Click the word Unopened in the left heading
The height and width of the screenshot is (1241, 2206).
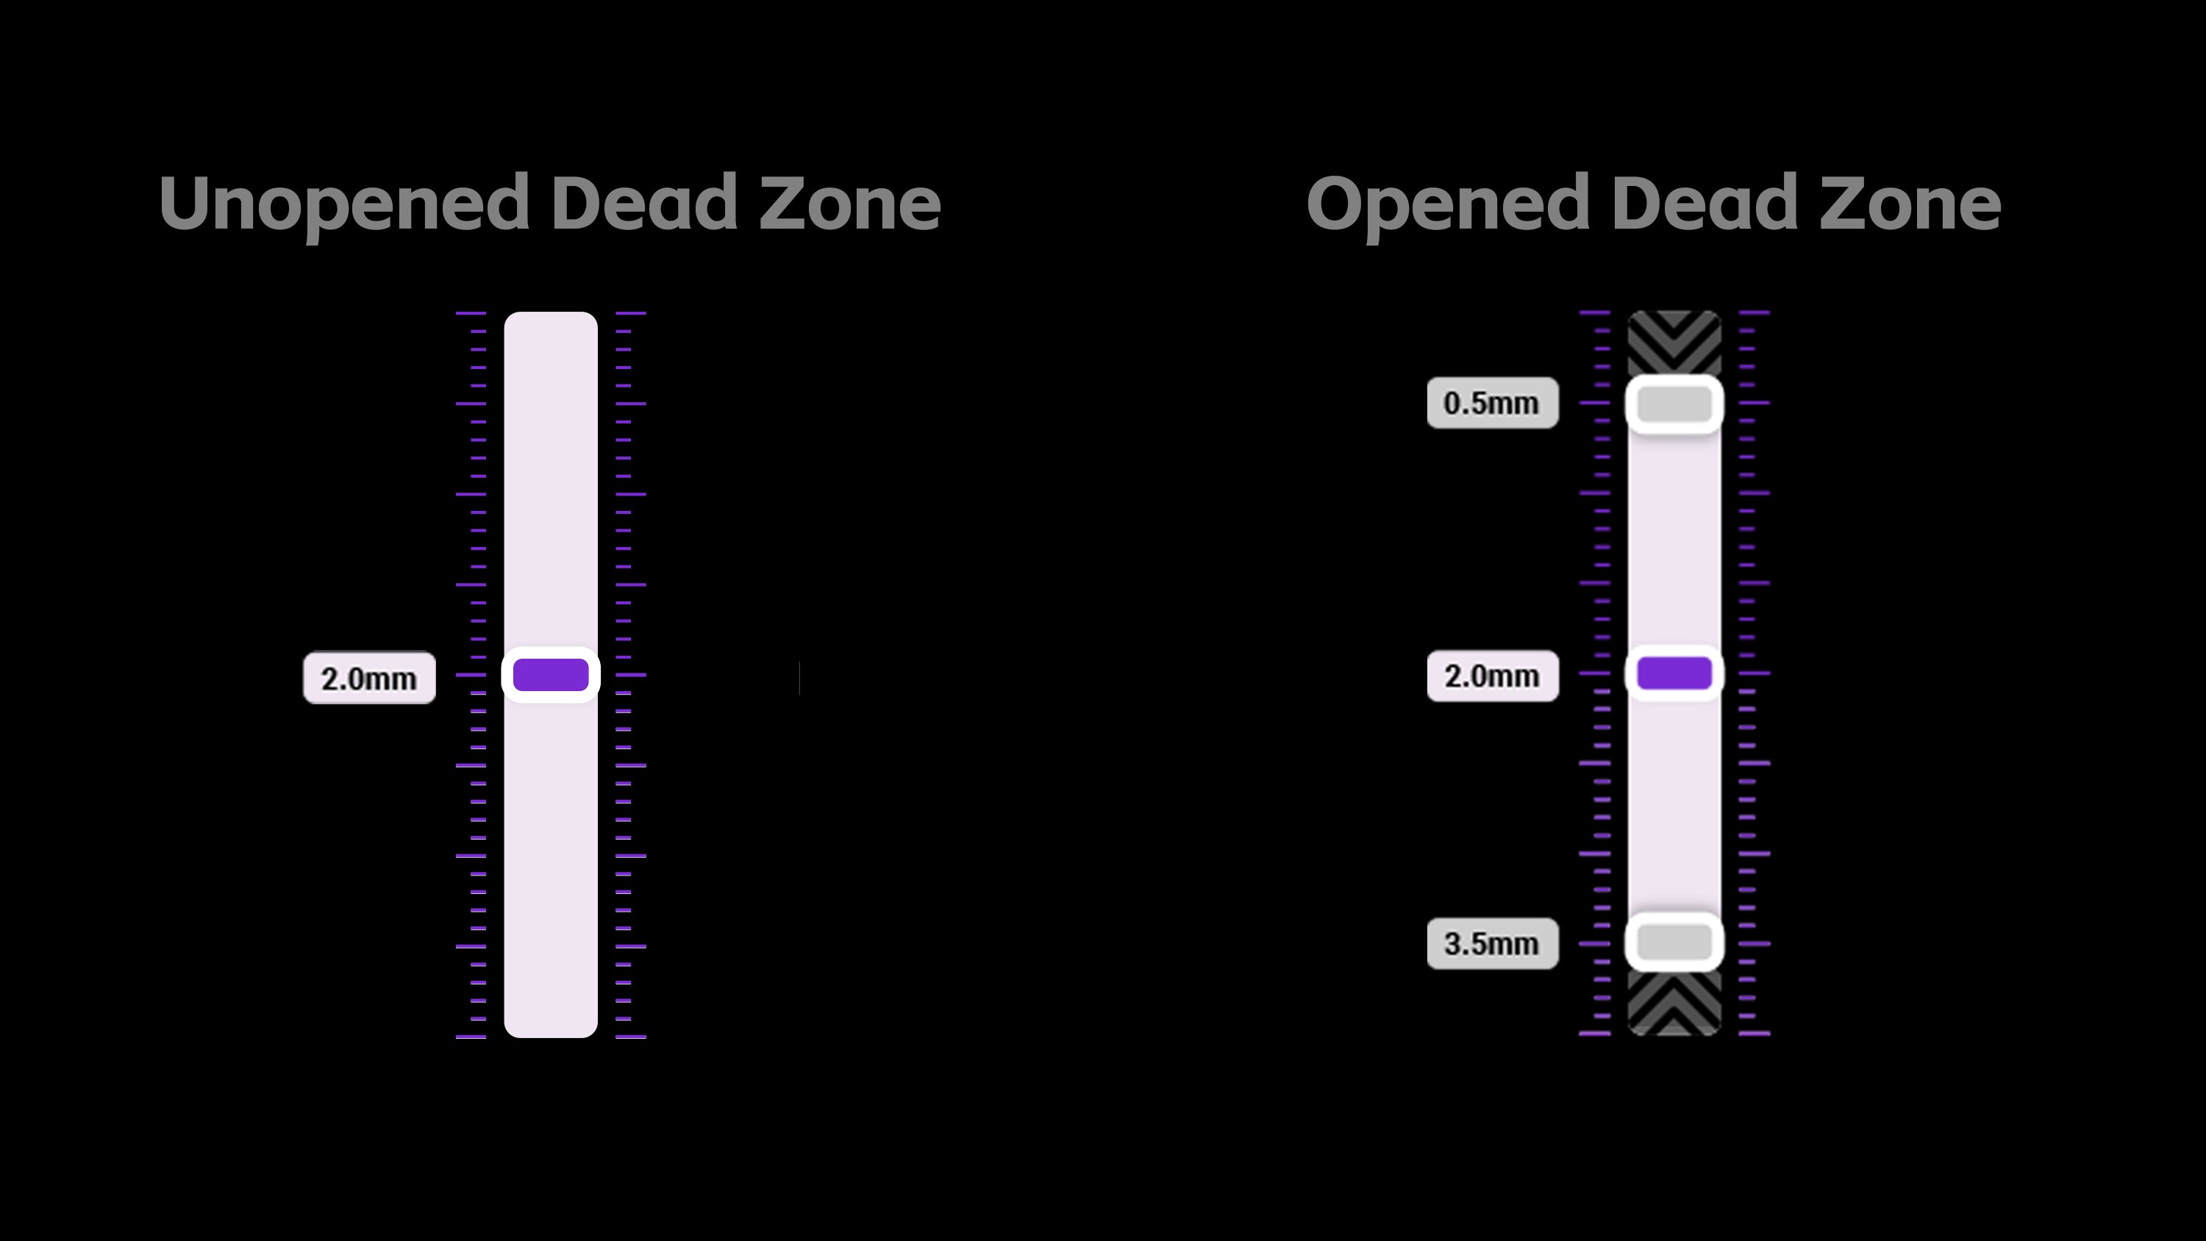(x=344, y=204)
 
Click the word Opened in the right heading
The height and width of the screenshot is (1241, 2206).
(x=1448, y=204)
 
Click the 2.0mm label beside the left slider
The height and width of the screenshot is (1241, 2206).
(x=369, y=679)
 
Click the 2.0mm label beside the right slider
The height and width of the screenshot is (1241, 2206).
(x=1493, y=676)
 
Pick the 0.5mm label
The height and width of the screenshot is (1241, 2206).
(x=1493, y=403)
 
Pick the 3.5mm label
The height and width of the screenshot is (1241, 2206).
(x=1493, y=944)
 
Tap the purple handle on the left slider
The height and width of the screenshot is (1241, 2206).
(x=551, y=675)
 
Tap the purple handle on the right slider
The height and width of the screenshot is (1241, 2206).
(x=1674, y=673)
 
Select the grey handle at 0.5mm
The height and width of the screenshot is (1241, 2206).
(x=1674, y=404)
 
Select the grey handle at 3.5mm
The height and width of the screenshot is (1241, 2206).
(x=1674, y=942)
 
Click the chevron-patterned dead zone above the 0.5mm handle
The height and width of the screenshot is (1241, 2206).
(x=1674, y=343)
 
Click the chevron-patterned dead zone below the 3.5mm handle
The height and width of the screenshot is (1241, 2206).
(x=1674, y=1003)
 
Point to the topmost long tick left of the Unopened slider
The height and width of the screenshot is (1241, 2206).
(x=471, y=313)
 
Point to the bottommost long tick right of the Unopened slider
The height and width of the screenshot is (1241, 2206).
(x=631, y=1037)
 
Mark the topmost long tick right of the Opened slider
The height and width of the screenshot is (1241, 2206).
(x=1755, y=312)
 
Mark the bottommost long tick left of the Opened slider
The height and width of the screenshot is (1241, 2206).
(x=1594, y=1034)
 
